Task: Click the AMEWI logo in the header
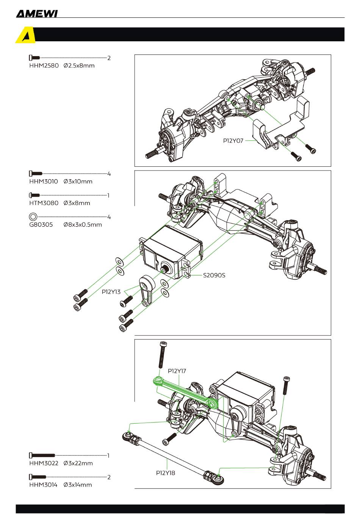pyautogui.click(x=36, y=14)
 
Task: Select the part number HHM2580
pyautogui.click(x=44, y=66)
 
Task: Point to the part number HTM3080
pyautogui.click(x=44, y=203)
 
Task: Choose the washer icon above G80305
pyautogui.click(x=33, y=217)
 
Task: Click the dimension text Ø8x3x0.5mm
pyautogui.click(x=83, y=225)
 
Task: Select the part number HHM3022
pyautogui.click(x=44, y=463)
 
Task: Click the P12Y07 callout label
pyautogui.click(x=233, y=141)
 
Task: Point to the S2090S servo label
pyautogui.click(x=214, y=275)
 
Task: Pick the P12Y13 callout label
pyautogui.click(x=111, y=292)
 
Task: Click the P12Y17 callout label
pyautogui.click(x=177, y=371)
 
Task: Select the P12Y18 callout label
pyautogui.click(x=166, y=473)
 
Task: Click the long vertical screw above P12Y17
pyautogui.click(x=163, y=355)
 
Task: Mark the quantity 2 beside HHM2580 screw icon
pyautogui.click(x=109, y=58)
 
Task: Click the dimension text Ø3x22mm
pyautogui.click(x=78, y=463)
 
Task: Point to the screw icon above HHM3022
pyautogui.click(x=42, y=455)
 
